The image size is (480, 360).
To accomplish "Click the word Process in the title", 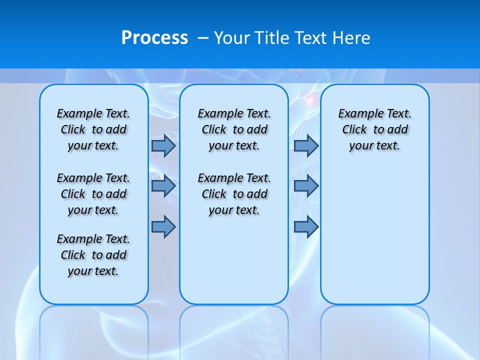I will click(154, 38).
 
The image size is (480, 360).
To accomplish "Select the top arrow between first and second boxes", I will click(163, 145).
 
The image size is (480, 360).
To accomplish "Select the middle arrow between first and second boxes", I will click(163, 186).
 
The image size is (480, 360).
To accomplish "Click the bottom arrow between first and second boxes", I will click(163, 226).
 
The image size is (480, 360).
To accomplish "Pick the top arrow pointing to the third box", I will click(306, 145).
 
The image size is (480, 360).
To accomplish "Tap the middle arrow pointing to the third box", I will click(306, 186).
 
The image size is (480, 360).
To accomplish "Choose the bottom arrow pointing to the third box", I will click(306, 226).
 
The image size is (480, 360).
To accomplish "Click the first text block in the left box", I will click(93, 129).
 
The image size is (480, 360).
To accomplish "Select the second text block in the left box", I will click(93, 194).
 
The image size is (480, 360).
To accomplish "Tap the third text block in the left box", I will click(93, 255).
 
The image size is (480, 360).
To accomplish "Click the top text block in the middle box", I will click(234, 129).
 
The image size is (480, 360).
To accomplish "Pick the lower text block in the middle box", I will click(234, 194).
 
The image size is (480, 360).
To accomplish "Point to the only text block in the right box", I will click(374, 129).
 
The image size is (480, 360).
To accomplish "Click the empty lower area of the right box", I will click(374, 235).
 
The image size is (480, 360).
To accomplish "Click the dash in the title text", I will click(203, 38).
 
